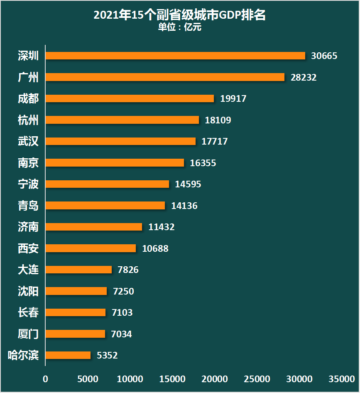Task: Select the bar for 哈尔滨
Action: coord(68,355)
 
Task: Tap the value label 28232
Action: coord(304,77)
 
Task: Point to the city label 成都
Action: coord(28,99)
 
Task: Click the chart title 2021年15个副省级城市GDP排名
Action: coord(179,15)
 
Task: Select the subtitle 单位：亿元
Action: coord(179,27)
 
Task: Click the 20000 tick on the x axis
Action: coord(215,379)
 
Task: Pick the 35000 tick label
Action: coord(342,379)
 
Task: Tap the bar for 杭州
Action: coord(122,120)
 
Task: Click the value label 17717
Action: coord(215,141)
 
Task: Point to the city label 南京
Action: coord(28,163)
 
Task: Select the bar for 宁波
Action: coord(107,184)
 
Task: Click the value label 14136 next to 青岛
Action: coord(184,206)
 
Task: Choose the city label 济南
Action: coord(28,227)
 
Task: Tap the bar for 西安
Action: coord(91,248)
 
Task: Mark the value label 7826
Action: coord(128,270)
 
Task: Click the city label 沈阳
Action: coord(28,291)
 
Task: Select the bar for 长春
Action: coord(76,312)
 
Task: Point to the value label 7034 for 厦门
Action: coord(122,334)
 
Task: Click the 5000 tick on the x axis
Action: coord(88,379)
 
